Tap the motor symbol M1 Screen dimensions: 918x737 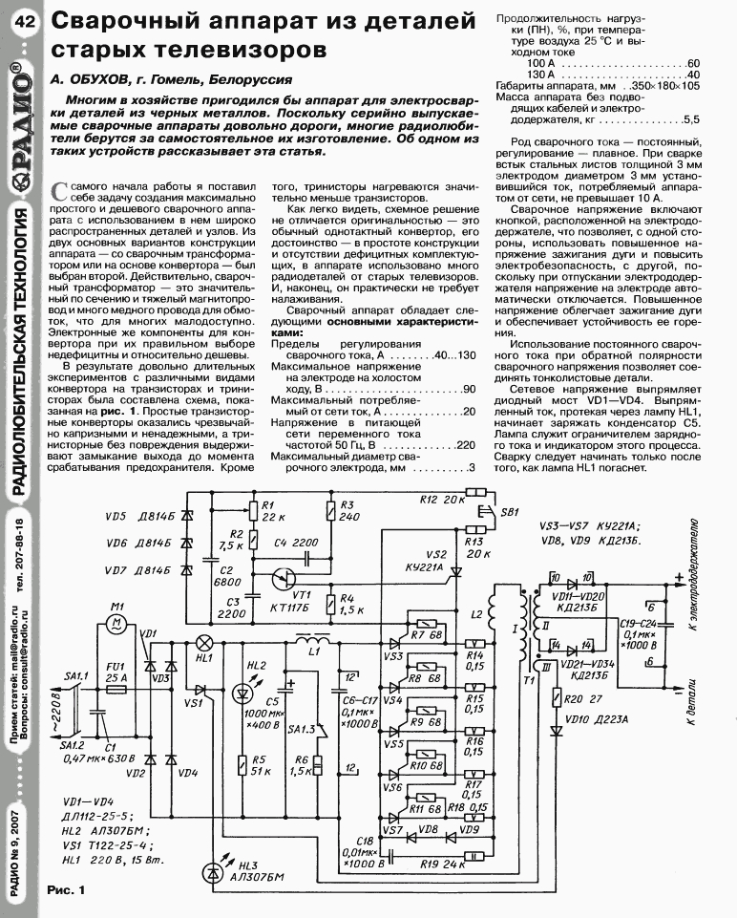click(117, 623)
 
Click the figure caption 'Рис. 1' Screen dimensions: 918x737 click(66, 890)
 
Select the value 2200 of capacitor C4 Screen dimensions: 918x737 click(305, 543)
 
